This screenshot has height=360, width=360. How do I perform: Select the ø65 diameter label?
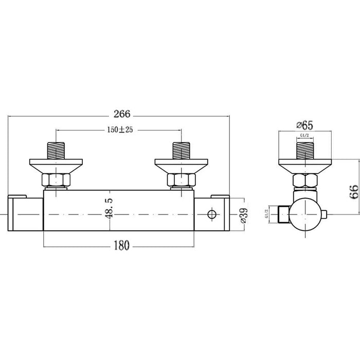coord(305,124)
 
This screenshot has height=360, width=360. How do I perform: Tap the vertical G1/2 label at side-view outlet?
coord(266,212)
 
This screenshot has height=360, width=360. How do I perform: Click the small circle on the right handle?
coord(210,213)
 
